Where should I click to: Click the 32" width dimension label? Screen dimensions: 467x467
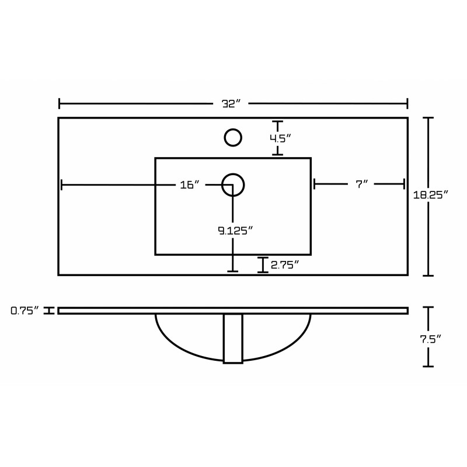coord(231,104)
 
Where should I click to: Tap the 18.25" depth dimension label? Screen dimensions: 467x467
coord(431,195)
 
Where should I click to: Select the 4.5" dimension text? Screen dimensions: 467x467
coord(280,138)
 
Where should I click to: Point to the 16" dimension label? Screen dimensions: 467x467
coord(190,184)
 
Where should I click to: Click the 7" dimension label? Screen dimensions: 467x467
coord(362,184)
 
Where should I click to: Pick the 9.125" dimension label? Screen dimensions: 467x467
coord(235,230)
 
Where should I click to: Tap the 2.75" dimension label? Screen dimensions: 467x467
coord(285,264)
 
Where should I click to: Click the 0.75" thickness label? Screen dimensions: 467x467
coord(25,311)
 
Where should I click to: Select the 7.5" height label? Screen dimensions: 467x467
coord(430,339)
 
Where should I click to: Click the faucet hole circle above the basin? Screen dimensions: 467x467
coord(233,138)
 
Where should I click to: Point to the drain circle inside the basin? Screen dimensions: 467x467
coord(233,185)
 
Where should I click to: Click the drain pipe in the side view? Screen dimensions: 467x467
coord(233,339)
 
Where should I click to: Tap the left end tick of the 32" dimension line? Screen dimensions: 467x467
coord(60,104)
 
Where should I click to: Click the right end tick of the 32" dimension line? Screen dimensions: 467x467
coord(407,104)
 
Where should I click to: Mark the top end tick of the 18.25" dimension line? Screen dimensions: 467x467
coord(428,118)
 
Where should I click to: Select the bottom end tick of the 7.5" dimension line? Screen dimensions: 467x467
coord(428,367)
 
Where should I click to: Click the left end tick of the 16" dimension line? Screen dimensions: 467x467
coord(61,184)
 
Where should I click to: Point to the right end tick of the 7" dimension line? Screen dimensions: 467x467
coord(404,184)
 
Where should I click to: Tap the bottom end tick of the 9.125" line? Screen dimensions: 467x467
coord(232,271)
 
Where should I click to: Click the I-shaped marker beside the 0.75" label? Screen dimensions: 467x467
coord(49,311)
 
